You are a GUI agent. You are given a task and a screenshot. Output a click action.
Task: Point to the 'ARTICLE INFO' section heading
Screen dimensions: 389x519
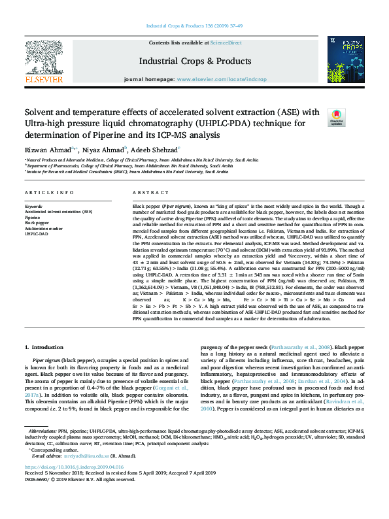pos(49,193)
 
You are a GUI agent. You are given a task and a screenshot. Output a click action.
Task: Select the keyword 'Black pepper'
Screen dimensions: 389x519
pos(37,222)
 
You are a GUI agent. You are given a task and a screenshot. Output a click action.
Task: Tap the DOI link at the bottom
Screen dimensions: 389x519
pos(74,486)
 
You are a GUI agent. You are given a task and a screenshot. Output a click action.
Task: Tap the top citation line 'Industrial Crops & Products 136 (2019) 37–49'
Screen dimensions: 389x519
pos(194,27)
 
